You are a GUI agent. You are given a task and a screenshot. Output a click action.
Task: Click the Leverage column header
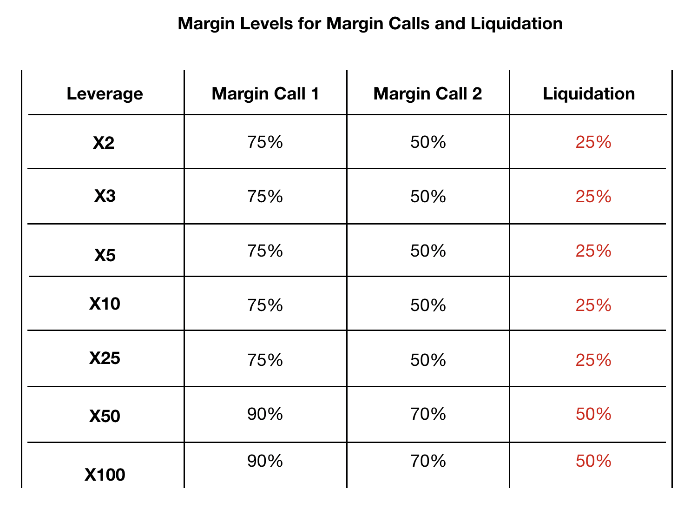(x=105, y=94)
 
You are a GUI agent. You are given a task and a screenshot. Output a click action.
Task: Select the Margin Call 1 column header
(x=265, y=94)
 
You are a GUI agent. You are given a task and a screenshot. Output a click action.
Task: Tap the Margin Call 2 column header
(x=427, y=94)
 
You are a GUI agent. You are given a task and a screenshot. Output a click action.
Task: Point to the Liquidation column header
(x=589, y=94)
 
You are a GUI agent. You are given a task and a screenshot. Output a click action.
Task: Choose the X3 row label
(x=105, y=196)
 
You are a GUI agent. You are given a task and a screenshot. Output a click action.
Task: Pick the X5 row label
(x=105, y=255)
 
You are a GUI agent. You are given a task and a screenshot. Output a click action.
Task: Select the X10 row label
(x=105, y=304)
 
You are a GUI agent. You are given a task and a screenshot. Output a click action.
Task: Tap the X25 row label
(x=105, y=358)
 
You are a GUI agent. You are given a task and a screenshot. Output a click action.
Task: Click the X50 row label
(x=105, y=416)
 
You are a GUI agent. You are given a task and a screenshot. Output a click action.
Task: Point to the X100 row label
(x=105, y=475)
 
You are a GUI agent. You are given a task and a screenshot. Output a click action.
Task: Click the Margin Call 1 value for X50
(x=265, y=414)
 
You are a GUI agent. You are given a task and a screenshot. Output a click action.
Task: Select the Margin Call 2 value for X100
(x=428, y=461)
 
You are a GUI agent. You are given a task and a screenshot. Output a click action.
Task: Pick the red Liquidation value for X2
(x=593, y=142)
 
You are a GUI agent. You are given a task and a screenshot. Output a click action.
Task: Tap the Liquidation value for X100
(x=593, y=461)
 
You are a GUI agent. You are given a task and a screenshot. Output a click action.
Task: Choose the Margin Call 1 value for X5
(x=265, y=251)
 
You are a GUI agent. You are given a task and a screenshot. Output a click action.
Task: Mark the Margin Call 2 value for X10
(x=428, y=305)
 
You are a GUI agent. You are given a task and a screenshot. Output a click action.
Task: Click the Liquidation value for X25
(x=593, y=360)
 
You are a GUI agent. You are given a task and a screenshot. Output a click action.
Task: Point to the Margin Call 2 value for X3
(x=428, y=197)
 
